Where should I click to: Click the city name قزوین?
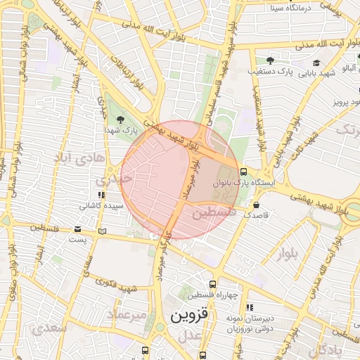[x=189, y=316]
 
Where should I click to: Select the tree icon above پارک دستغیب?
[x=269, y=60]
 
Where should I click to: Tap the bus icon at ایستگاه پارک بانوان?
[x=243, y=171]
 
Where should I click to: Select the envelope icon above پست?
[x=77, y=229]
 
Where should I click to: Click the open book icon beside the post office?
[x=103, y=230]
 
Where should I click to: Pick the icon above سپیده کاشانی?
[x=102, y=195]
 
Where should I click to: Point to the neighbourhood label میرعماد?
[x=127, y=314]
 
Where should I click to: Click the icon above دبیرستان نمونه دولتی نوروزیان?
[x=250, y=307]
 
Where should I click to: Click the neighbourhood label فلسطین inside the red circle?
[x=211, y=211]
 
